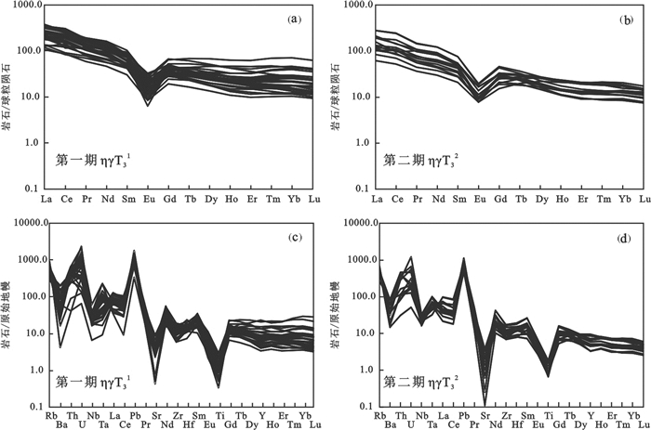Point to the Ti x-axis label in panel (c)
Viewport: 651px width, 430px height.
pyautogui.click(x=218, y=416)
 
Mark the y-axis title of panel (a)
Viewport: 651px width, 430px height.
pyautogui.click(x=9, y=97)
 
